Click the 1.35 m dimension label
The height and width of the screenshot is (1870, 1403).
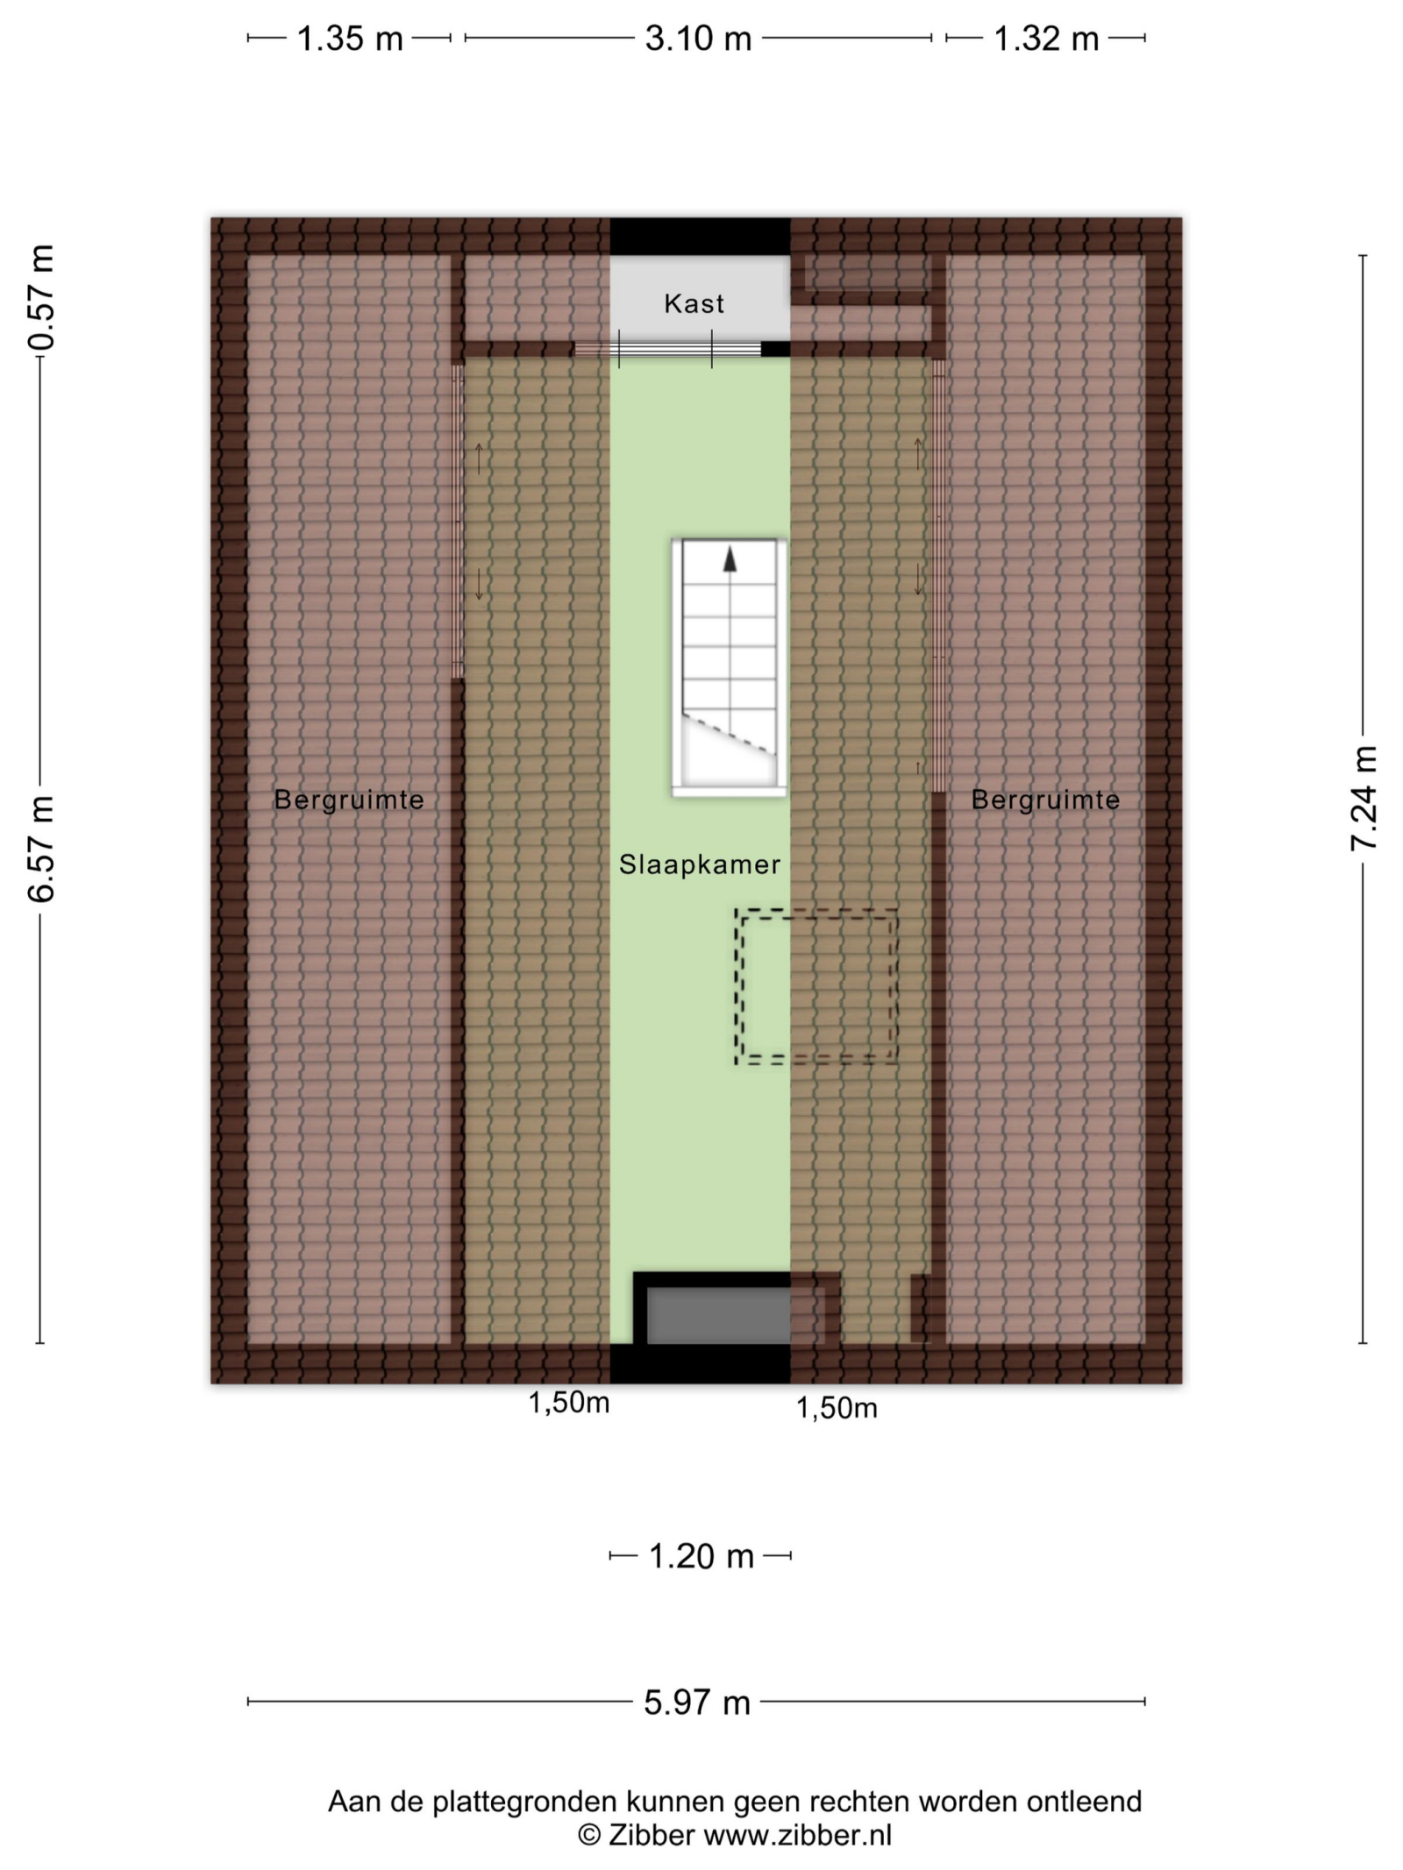coord(350,39)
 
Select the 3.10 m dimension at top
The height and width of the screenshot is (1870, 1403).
coord(698,39)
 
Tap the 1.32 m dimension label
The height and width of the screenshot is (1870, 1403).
coord(1045,39)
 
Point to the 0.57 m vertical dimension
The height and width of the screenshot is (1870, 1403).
coord(41,297)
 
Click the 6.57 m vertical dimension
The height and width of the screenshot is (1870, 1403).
coord(41,850)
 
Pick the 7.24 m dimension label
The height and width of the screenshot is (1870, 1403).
coord(1364,798)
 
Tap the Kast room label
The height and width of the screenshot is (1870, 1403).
coord(694,303)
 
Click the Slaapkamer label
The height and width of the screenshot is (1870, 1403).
coord(700,864)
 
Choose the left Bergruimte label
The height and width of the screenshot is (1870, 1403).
coord(349,800)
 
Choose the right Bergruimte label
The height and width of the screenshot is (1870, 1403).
coord(1045,800)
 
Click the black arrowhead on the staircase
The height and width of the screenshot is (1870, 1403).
coord(730,558)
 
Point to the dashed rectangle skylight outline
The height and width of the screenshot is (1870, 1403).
coord(816,987)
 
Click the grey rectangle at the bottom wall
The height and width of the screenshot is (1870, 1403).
coord(719,1315)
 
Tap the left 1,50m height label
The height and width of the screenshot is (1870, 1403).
coord(568,1403)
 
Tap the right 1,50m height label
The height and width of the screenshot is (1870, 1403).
coord(837,1408)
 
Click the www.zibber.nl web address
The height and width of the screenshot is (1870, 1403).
coord(797,1835)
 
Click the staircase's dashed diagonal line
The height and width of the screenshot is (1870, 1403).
coord(730,734)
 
